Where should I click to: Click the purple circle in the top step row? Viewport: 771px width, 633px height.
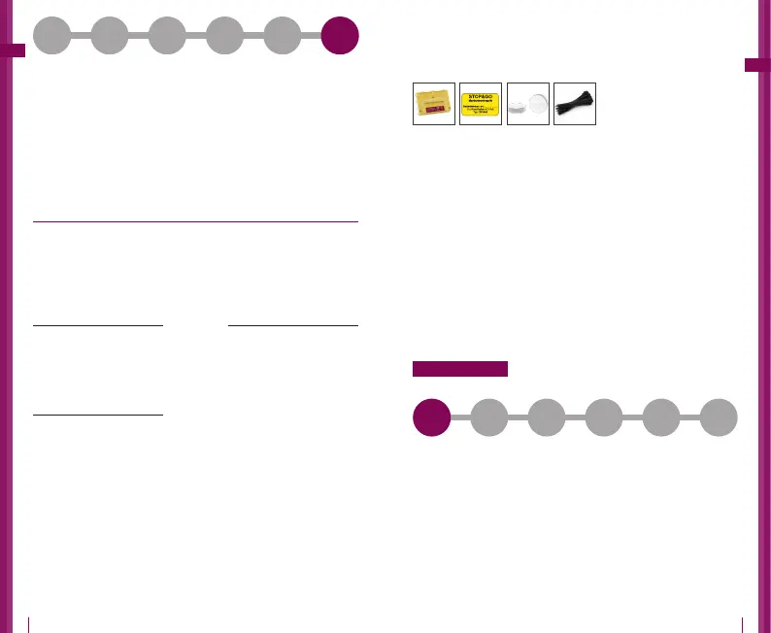340,36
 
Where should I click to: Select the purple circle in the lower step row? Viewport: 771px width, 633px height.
431,417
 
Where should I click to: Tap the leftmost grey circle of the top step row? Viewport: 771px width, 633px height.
52,36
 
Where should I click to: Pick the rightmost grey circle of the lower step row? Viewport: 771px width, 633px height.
719,417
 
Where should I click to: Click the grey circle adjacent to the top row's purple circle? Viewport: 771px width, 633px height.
283,36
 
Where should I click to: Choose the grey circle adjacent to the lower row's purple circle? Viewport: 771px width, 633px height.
488,417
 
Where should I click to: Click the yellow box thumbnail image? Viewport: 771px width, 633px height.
434,104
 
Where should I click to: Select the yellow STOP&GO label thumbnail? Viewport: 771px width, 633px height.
481,104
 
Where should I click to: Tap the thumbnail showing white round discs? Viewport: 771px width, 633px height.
527,104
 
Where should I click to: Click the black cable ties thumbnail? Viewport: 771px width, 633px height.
574,104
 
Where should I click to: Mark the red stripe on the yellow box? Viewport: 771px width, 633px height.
433,112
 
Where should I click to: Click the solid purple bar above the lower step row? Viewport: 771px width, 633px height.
460,369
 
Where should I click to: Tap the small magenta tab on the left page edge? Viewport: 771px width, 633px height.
13,50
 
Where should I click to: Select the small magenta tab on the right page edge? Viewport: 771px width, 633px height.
756,65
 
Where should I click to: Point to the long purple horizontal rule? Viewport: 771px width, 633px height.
195,221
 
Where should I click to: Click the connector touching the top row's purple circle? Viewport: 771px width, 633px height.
312,36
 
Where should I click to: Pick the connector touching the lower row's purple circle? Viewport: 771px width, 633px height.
460,417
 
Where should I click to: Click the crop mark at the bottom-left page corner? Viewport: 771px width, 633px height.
29,623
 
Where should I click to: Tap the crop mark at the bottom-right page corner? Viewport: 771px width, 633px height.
742,623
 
